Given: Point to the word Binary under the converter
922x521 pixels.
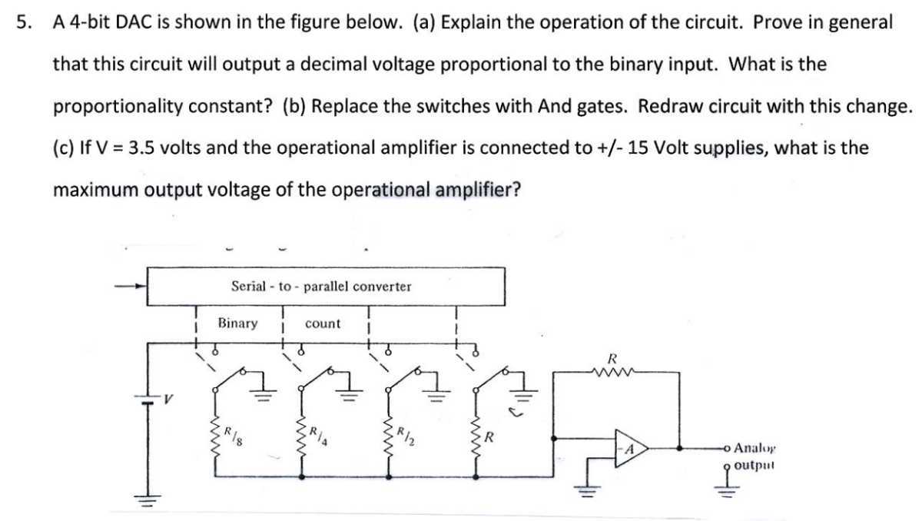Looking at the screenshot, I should coord(237,324).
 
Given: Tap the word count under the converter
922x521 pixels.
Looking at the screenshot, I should coord(323,324).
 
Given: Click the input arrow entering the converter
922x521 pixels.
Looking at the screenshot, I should coord(131,287).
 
